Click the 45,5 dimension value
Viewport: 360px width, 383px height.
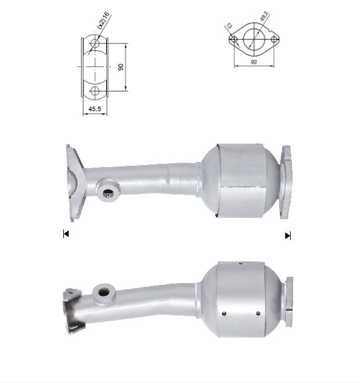coord(94,109)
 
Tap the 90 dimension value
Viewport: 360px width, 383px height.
coord(121,67)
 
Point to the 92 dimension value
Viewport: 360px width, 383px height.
coord(254,62)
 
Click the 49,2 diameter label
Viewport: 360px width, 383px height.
coord(264,17)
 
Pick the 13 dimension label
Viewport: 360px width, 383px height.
coord(229,26)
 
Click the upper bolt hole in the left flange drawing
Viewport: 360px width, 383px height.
coord(94,44)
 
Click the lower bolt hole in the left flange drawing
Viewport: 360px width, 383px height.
coord(94,91)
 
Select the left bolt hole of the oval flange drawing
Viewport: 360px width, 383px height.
coord(234,39)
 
